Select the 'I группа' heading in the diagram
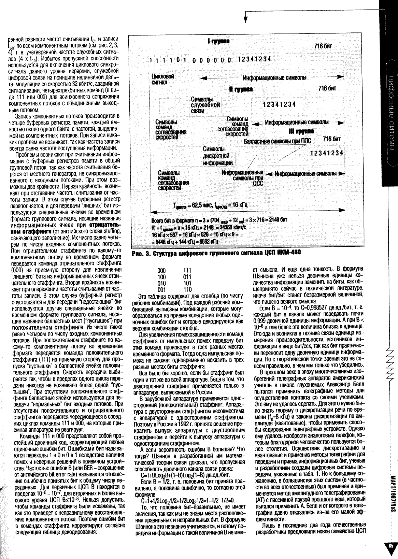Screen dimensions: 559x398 click(x=219, y=41)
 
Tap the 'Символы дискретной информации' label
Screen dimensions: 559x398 click(x=218, y=156)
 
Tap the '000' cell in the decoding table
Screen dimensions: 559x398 click(x=161, y=270)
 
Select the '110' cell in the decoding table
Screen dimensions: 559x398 click(x=187, y=289)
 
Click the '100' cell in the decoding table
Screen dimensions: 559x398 click(x=161, y=276)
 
